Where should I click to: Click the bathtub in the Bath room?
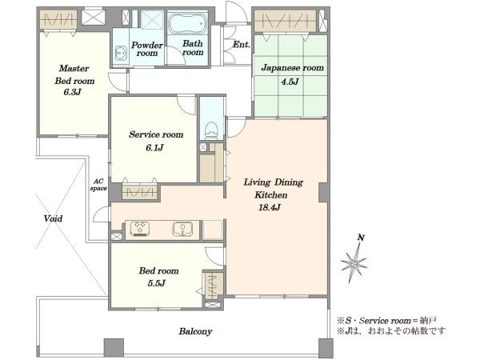[186, 23]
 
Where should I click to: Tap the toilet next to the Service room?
[211, 130]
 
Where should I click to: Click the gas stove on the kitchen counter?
[139, 229]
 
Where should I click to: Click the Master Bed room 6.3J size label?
[73, 92]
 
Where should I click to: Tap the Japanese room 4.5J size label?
[290, 82]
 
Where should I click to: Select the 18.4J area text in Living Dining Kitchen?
[270, 207]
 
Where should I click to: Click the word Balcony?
[196, 331]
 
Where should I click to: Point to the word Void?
[53, 218]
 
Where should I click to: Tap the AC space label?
[98, 185]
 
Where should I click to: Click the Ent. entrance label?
[242, 45]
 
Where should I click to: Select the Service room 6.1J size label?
[154, 148]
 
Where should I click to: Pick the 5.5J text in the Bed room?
[157, 283]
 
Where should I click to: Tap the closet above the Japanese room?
[286, 21]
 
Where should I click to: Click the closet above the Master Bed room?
[58, 19]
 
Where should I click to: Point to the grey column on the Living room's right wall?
[324, 193]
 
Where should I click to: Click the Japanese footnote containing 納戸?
[387, 321]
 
